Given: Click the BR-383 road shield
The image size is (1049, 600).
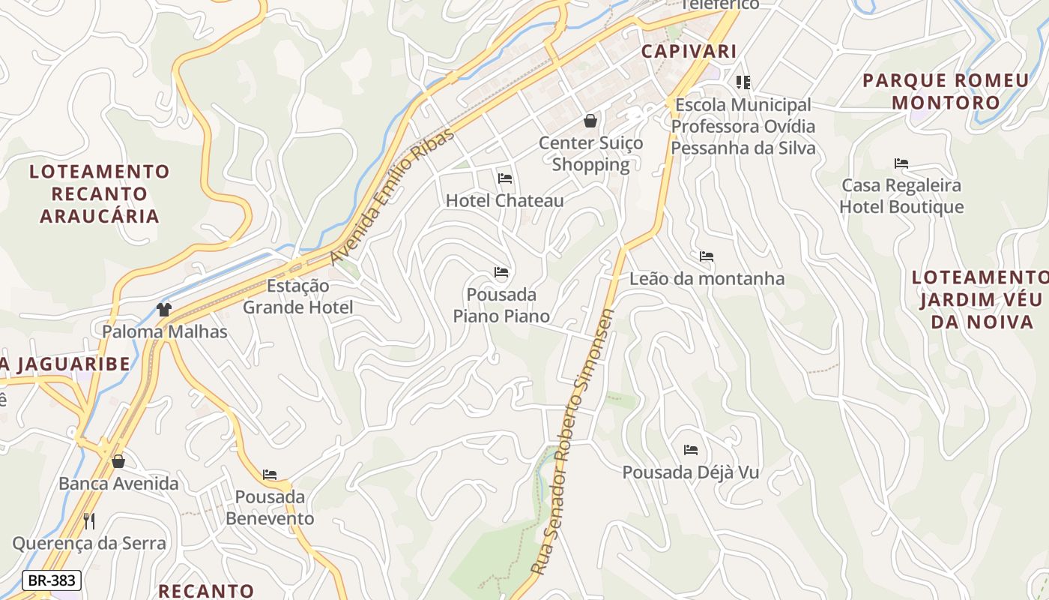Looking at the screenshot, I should [51, 580].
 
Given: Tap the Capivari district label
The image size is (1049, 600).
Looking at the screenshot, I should [689, 51].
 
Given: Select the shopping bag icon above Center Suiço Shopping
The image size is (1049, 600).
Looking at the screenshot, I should [590, 120].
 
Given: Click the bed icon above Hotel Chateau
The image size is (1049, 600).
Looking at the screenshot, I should [505, 178].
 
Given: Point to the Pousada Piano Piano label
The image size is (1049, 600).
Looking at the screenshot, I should [501, 304].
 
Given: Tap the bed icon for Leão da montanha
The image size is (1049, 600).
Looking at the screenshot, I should [706, 256].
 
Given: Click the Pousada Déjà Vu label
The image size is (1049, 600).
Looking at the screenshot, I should [691, 472].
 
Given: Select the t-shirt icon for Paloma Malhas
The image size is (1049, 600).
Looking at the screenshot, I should [164, 309].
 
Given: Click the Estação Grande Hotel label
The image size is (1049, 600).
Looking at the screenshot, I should [298, 296].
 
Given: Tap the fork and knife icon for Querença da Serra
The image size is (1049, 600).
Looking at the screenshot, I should [89, 520].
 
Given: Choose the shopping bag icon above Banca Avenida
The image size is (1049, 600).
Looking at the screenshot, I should [118, 461].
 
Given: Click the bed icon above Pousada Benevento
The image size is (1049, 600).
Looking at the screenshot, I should [270, 475].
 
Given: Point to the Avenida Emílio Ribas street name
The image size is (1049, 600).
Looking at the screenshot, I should [393, 196].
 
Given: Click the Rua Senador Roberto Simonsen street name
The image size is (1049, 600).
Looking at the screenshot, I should [572, 442].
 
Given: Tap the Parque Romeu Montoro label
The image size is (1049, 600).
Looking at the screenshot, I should [946, 91].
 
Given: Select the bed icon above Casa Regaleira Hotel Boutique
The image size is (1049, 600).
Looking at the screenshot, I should [901, 163].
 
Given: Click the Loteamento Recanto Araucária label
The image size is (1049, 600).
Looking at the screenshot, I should [100, 193].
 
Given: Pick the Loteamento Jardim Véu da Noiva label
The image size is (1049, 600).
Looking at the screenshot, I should [980, 299].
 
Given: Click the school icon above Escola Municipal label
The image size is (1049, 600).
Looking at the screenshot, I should [743, 82].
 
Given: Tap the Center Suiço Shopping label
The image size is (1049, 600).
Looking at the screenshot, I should [590, 153].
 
